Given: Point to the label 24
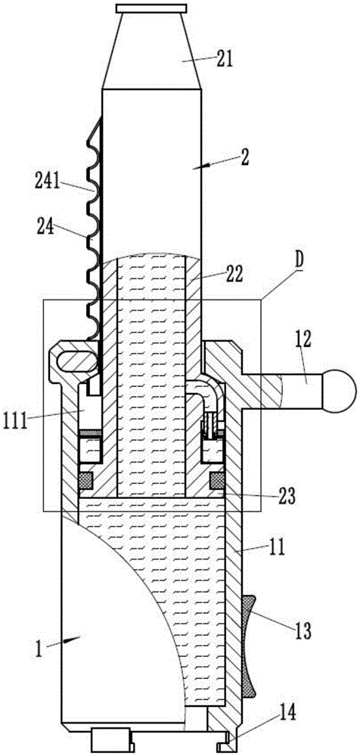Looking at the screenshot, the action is point(45,227).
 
